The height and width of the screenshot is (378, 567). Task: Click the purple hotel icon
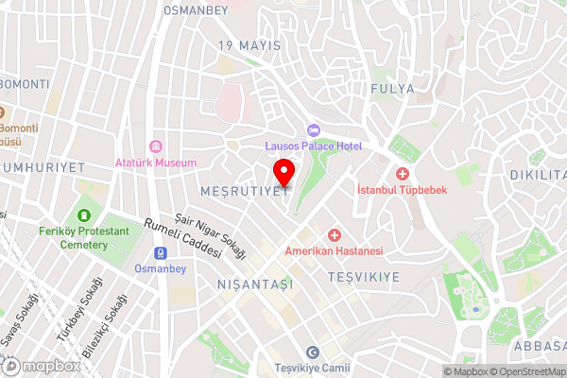click(x=313, y=129)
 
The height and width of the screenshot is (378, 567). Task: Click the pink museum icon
click(x=156, y=146)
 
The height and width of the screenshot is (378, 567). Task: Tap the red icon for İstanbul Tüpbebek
click(x=403, y=174)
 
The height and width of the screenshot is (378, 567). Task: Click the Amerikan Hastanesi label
click(x=334, y=251)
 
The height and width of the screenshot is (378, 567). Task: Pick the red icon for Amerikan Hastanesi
click(x=334, y=234)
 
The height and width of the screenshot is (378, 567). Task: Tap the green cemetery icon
click(x=86, y=215)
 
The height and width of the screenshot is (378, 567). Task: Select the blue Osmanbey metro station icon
click(x=161, y=252)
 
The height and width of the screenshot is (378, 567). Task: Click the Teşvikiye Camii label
click(x=312, y=368)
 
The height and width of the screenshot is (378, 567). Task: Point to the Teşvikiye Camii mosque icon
click(x=312, y=352)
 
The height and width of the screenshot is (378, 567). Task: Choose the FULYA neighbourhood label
click(x=394, y=89)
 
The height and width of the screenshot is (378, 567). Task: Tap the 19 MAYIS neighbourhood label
click(x=249, y=45)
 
